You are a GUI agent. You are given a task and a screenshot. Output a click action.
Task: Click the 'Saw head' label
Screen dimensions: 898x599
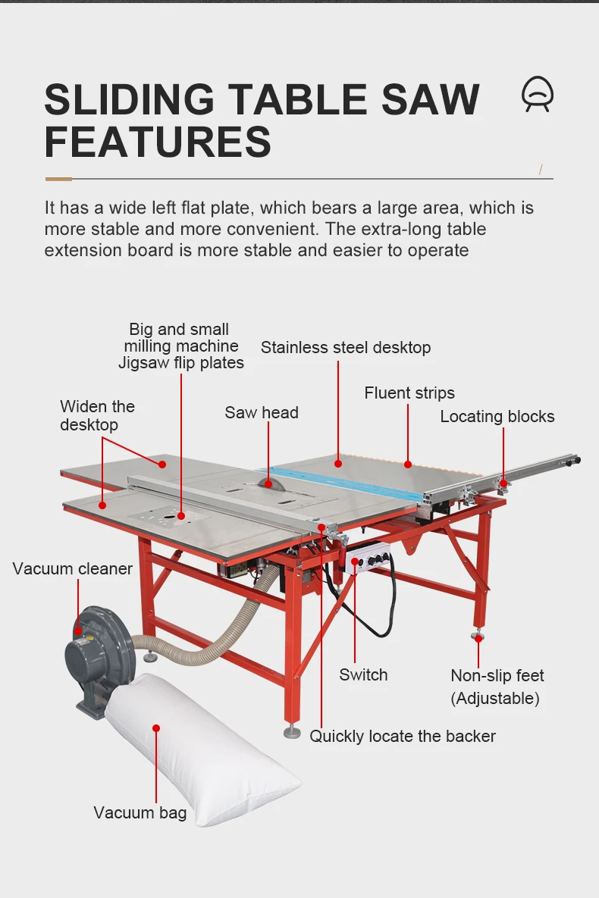pyautogui.click(x=261, y=413)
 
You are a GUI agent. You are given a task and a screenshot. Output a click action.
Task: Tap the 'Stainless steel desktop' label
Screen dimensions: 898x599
pyautogui.click(x=346, y=348)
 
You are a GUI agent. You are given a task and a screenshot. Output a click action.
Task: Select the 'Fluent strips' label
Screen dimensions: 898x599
pyautogui.click(x=409, y=393)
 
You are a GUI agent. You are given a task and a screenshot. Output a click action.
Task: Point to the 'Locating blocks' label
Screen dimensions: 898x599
pyautogui.click(x=497, y=417)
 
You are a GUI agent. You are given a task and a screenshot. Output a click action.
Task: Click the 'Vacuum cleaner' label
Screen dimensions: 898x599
pyautogui.click(x=73, y=569)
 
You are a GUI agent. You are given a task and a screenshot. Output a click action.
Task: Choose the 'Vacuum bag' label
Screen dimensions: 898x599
pyautogui.click(x=140, y=813)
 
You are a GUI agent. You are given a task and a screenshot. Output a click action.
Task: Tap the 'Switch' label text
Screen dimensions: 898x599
pyautogui.click(x=363, y=675)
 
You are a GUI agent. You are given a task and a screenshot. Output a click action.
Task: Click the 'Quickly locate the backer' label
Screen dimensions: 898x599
pyautogui.click(x=403, y=736)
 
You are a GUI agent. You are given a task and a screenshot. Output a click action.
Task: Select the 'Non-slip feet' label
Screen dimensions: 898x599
pyautogui.click(x=497, y=676)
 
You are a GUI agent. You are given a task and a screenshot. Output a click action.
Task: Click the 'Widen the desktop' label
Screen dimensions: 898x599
pyautogui.click(x=97, y=415)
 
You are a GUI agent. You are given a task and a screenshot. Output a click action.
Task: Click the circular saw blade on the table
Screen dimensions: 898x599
pyautogui.click(x=265, y=480)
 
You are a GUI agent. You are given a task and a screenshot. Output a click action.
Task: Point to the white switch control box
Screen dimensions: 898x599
pyautogui.click(x=368, y=562)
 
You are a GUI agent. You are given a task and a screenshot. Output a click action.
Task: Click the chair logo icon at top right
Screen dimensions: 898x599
pyautogui.click(x=538, y=95)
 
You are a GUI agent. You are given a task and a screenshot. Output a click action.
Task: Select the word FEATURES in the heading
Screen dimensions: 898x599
pyautogui.click(x=158, y=141)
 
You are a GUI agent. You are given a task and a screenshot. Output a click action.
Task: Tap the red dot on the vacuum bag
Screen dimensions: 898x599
pyautogui.click(x=156, y=728)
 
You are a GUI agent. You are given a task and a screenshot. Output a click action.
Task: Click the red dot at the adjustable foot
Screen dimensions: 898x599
pyautogui.click(x=478, y=639)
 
